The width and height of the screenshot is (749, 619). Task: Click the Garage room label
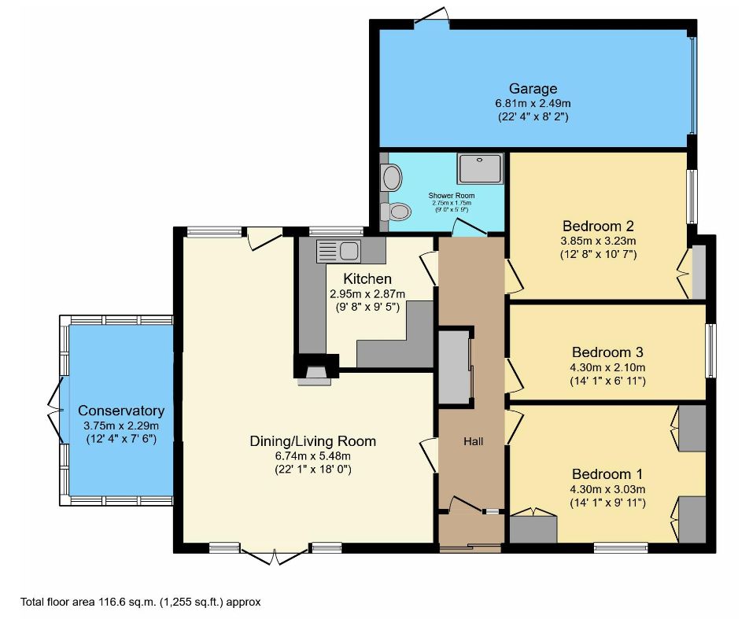tap(533, 88)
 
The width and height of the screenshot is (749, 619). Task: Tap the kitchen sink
tap(338, 251)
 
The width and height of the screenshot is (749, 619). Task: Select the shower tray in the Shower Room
tap(480, 168)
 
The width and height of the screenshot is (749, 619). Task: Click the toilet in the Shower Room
tap(396, 211)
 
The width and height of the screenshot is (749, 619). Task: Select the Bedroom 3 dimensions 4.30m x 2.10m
tap(607, 367)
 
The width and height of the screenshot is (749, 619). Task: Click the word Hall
tap(473, 441)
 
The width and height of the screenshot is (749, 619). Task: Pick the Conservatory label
tap(121, 411)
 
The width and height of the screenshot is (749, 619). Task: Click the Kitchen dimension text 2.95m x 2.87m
tap(367, 293)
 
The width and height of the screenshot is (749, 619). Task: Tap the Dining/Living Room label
tap(313, 440)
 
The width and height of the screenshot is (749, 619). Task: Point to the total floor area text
tap(140, 602)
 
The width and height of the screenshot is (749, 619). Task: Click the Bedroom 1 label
tap(607, 473)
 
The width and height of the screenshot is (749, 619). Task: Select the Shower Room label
tap(452, 195)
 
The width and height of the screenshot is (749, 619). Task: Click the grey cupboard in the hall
tap(455, 368)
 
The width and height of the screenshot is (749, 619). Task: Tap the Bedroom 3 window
tap(711, 351)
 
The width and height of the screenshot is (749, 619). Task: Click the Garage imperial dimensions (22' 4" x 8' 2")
tap(533, 116)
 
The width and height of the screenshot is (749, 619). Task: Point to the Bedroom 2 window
tap(692, 197)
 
